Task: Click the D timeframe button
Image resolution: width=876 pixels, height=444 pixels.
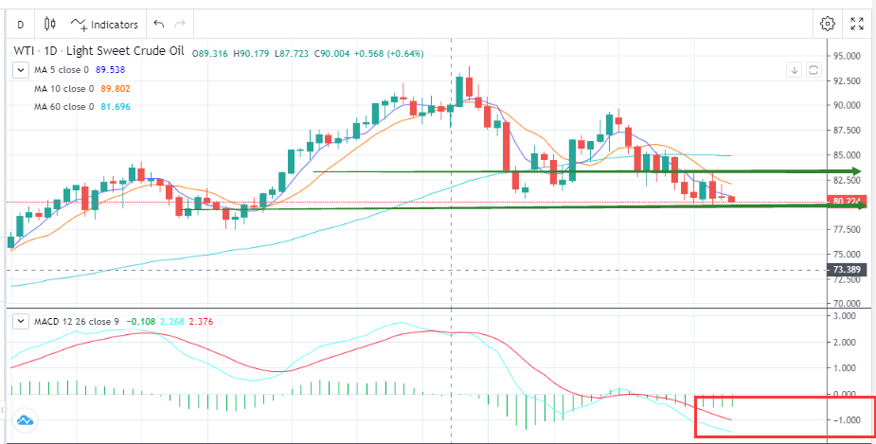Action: point(21,24)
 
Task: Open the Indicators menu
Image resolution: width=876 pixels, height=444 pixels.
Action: point(104,24)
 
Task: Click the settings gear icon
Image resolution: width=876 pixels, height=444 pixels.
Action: point(828,24)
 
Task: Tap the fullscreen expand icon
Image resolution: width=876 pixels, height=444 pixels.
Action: point(857,24)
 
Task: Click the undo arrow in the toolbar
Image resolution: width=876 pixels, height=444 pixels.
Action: point(158,24)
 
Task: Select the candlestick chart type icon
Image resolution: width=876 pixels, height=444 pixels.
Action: point(49,24)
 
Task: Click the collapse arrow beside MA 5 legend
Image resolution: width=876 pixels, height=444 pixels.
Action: point(19,70)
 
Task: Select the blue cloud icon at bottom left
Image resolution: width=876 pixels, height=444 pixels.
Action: point(24,419)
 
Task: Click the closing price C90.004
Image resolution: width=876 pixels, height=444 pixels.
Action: point(326,53)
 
